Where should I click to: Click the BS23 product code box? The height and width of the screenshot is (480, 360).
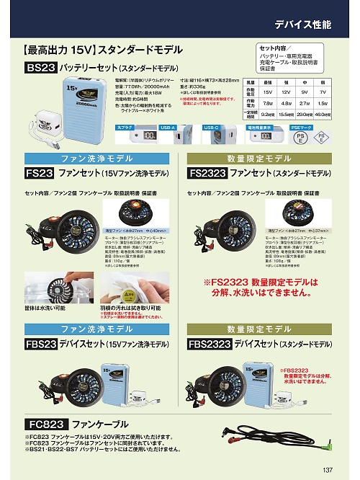click(x=40, y=68)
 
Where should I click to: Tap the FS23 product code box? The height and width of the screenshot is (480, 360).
click(x=40, y=174)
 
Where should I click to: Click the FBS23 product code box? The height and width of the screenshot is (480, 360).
click(x=41, y=345)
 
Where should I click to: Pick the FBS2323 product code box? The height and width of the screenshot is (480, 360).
click(x=213, y=345)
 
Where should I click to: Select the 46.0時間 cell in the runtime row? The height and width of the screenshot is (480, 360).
click(x=323, y=115)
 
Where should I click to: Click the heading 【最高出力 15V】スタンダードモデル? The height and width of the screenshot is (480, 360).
click(x=102, y=50)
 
